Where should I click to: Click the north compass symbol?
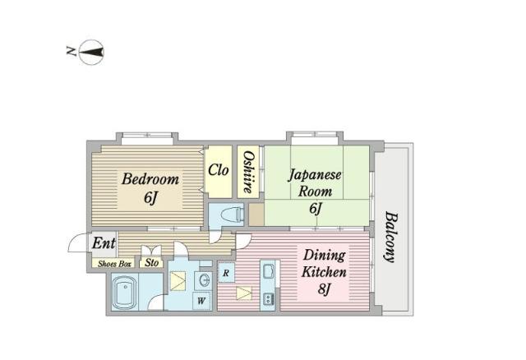(91, 53)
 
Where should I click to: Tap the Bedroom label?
(150, 178)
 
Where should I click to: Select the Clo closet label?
(218, 170)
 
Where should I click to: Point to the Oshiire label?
(248, 172)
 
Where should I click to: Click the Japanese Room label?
(315, 183)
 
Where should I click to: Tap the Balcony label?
(390, 237)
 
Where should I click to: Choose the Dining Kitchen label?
(324, 263)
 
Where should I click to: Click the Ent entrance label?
(104, 243)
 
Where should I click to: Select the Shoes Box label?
(114, 264)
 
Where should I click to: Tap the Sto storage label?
(151, 262)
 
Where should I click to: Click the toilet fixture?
(231, 215)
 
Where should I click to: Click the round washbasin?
(204, 280)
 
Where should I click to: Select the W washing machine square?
(201, 301)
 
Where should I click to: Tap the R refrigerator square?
(226, 273)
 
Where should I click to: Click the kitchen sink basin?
(269, 272)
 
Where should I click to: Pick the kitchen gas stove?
(269, 298)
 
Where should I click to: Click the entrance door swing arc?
(76, 242)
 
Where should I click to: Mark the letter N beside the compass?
(72, 51)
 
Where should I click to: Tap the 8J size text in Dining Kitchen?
(324, 288)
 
